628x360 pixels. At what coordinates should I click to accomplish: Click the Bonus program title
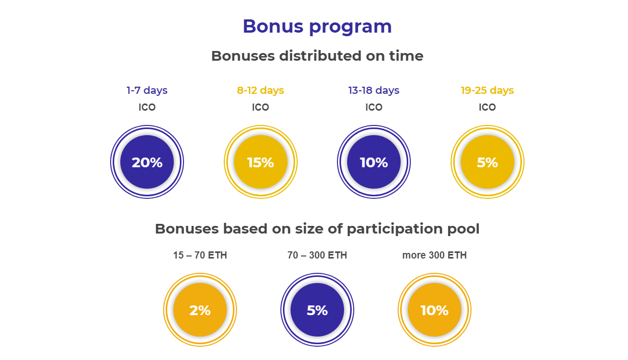pyautogui.click(x=317, y=27)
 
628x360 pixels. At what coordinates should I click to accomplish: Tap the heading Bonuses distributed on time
pyautogui.click(x=317, y=56)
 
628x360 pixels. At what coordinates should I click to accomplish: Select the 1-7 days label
pyautogui.click(x=147, y=90)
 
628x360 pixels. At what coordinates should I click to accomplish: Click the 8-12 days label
pyautogui.click(x=260, y=90)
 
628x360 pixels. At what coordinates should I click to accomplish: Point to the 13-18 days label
pyautogui.click(x=374, y=90)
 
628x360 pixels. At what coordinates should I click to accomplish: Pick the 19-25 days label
pyautogui.click(x=487, y=90)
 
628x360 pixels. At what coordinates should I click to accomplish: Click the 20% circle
pyautogui.click(x=147, y=162)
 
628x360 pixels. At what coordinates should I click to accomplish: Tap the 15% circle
pyautogui.click(x=260, y=162)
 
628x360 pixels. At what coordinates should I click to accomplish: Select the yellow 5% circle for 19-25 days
pyautogui.click(x=487, y=162)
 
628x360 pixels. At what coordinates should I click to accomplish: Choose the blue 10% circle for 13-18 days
pyautogui.click(x=374, y=162)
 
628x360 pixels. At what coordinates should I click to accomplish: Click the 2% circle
pyautogui.click(x=200, y=310)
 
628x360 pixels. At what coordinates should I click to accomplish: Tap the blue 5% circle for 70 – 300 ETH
pyautogui.click(x=317, y=310)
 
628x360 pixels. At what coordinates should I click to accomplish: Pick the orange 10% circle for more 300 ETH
pyautogui.click(x=434, y=310)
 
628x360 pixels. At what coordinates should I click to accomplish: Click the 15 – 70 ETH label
pyautogui.click(x=200, y=255)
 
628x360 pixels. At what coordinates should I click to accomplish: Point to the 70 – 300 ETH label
pyautogui.click(x=317, y=255)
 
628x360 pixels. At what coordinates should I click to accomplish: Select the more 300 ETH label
pyautogui.click(x=434, y=255)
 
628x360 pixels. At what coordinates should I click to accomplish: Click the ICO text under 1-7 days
pyautogui.click(x=147, y=107)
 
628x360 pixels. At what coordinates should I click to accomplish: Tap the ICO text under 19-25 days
pyautogui.click(x=487, y=107)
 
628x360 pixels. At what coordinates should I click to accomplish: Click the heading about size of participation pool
pyautogui.click(x=317, y=229)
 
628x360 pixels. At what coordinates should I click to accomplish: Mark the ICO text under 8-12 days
pyautogui.click(x=260, y=107)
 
